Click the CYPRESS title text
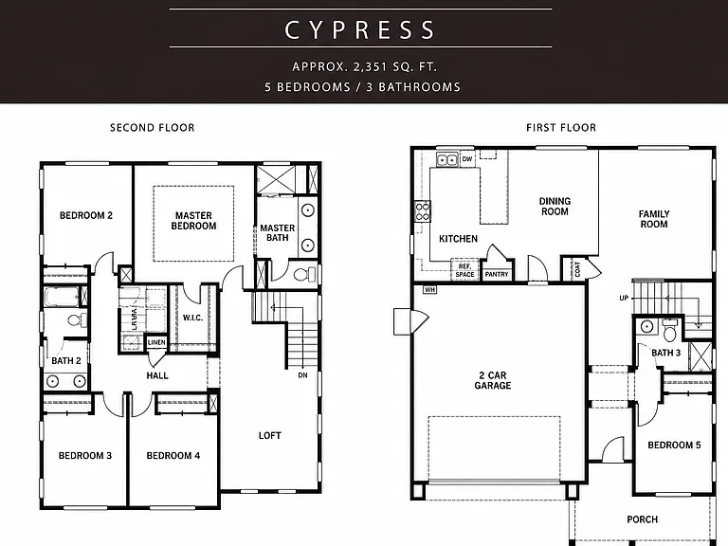point(360,29)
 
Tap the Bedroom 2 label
point(86,215)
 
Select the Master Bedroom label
point(193,221)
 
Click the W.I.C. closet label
point(192,318)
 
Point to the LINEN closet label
point(156,342)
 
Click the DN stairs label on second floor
point(302,375)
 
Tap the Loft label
point(270,435)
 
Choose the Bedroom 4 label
point(173,456)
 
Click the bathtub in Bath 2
point(62,297)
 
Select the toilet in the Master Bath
point(302,274)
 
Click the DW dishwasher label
point(467,159)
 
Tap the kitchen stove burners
point(423,211)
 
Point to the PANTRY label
point(497,274)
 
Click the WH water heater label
point(430,290)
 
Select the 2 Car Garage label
point(493,380)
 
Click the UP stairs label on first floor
point(624,298)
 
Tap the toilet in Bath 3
point(669,331)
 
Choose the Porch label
point(642,519)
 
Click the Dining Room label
point(555,206)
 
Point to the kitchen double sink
point(447,159)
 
